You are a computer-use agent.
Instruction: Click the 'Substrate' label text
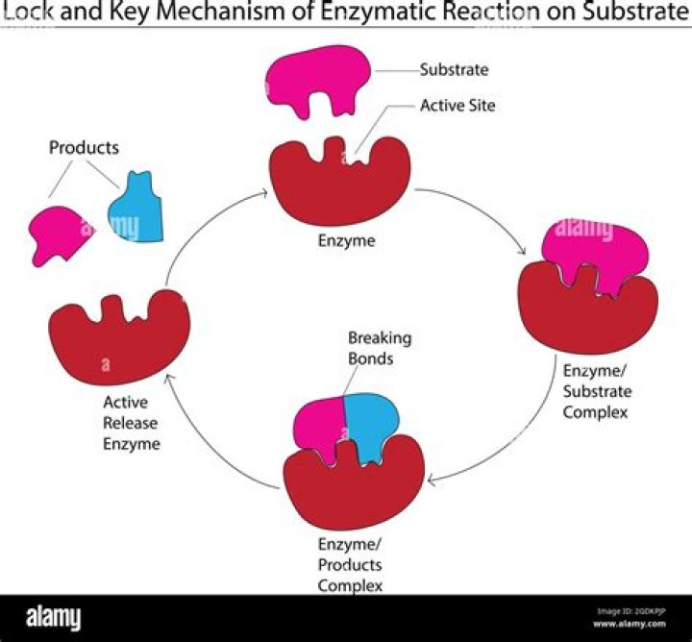(454, 70)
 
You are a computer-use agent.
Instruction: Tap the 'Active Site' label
(457, 105)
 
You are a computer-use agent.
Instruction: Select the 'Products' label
(84, 148)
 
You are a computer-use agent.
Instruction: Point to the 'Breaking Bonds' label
(380, 348)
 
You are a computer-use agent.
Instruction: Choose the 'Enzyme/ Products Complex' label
(350, 565)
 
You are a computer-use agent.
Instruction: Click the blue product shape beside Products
(136, 208)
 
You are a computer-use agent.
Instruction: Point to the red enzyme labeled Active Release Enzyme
(118, 342)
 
